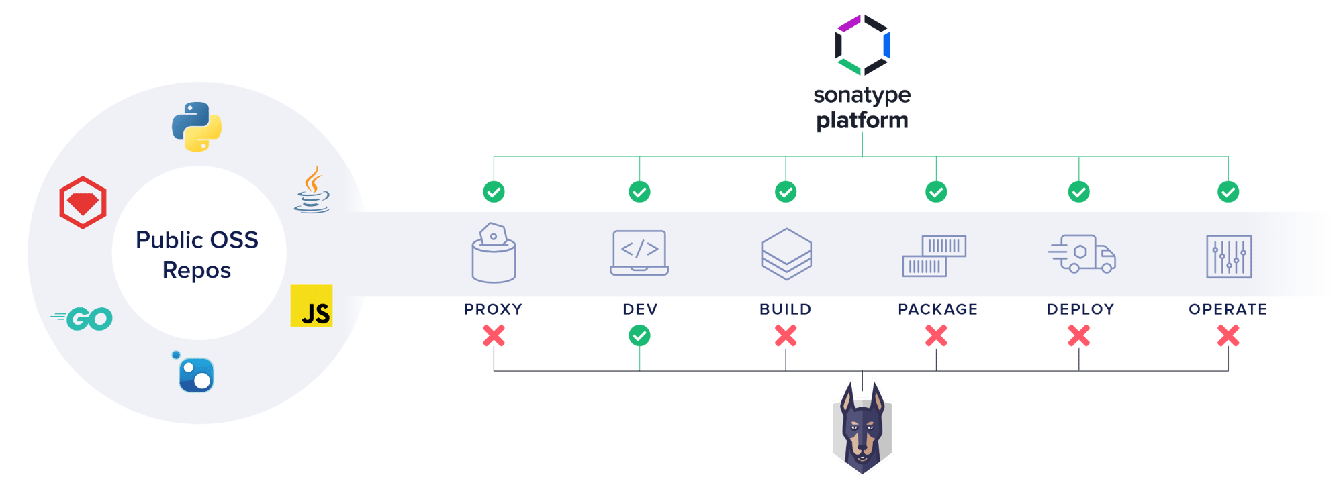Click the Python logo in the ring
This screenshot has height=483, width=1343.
click(197, 127)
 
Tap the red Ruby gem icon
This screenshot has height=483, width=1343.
click(83, 203)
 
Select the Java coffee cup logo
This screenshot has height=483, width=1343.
click(312, 191)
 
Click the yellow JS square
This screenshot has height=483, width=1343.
click(312, 306)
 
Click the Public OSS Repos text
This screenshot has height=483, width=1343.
click(197, 255)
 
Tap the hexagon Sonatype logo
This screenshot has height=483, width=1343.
click(862, 45)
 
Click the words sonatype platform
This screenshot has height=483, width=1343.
click(862, 107)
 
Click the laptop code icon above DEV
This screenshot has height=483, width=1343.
click(639, 253)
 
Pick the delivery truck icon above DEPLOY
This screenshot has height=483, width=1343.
click(1082, 254)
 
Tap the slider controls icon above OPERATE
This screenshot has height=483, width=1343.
click(1229, 256)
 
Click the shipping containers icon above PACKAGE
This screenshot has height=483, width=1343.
click(934, 256)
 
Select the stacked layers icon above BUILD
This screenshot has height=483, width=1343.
click(786, 254)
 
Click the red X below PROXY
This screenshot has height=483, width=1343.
click(494, 335)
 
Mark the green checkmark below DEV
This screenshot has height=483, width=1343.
click(639, 335)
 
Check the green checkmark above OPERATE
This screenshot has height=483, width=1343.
click(1228, 193)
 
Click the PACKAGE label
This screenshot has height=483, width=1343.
click(937, 309)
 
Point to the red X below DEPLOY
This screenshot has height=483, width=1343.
click(1079, 335)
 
